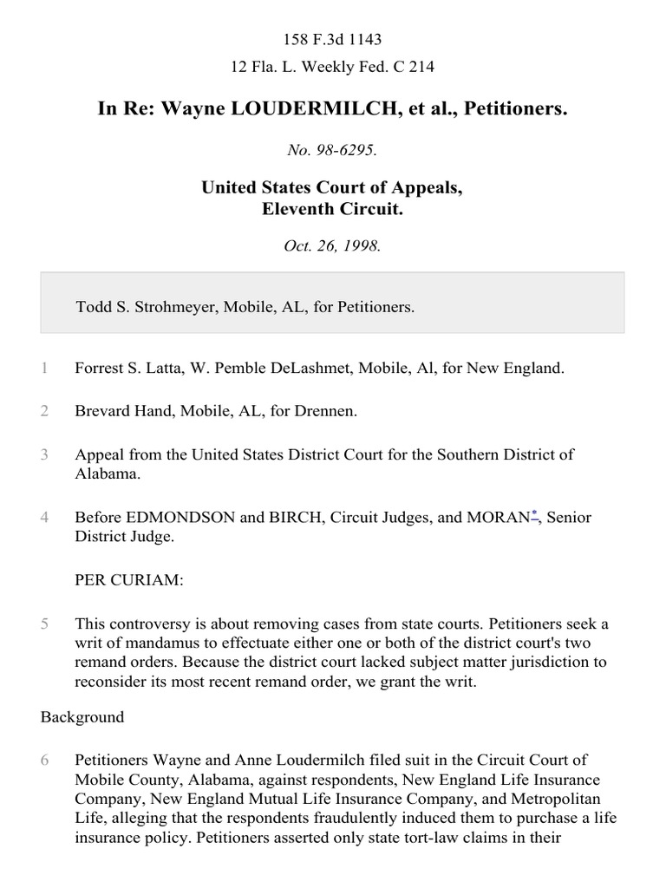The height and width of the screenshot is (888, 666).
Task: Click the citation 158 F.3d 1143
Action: pyautogui.click(x=333, y=39)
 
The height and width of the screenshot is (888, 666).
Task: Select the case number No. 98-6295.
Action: pyautogui.click(x=333, y=150)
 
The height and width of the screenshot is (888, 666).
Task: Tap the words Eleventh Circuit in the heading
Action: pyautogui.click(x=333, y=208)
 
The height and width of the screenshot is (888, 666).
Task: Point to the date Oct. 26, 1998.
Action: pyautogui.click(x=333, y=245)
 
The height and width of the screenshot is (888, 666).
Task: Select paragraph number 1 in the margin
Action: pyautogui.click(x=44, y=368)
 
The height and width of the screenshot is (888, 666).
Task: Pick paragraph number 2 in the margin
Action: pyautogui.click(x=44, y=410)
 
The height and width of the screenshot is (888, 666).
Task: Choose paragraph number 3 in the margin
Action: pyautogui.click(x=44, y=454)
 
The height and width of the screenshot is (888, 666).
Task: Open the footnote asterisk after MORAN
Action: pyautogui.click(x=535, y=515)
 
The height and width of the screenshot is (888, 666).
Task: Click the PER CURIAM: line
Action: pyautogui.click(x=129, y=580)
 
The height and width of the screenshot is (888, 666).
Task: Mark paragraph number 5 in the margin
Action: pyautogui.click(x=44, y=623)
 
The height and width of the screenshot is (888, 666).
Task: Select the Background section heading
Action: pyautogui.click(x=82, y=717)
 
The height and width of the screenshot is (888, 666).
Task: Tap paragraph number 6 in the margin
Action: pyautogui.click(x=44, y=760)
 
